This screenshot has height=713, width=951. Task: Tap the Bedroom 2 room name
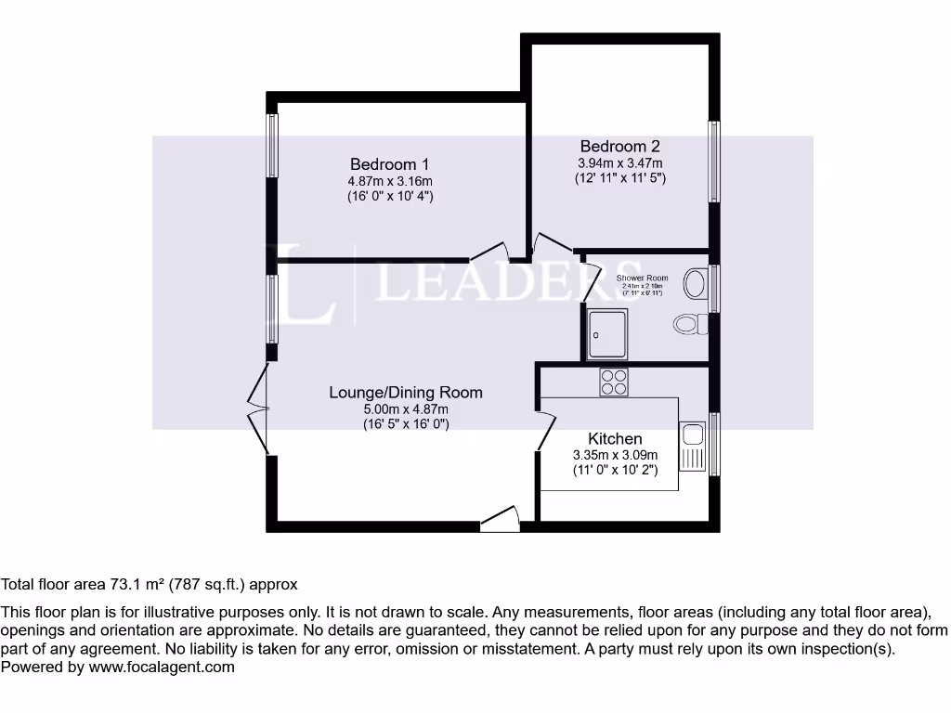coord(619,146)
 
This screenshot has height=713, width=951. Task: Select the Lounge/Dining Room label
coord(406,392)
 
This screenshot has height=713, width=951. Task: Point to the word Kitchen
coord(615,438)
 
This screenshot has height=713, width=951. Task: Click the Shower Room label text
coord(642,278)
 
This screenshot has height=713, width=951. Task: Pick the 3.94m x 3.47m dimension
coord(619,162)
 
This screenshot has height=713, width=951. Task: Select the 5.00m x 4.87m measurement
coord(406,409)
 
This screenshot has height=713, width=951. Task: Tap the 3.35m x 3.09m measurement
coord(615,455)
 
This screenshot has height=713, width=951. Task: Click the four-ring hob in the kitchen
coord(614,382)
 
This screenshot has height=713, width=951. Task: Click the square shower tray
coord(607,333)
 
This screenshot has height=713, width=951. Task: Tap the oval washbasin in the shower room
coord(695,282)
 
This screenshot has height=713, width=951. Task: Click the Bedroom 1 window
coord(272,145)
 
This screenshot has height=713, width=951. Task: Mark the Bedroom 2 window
coord(714,162)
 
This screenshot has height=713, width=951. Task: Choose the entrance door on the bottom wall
coord(500,523)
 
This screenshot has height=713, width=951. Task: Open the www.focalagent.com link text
coord(162,667)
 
